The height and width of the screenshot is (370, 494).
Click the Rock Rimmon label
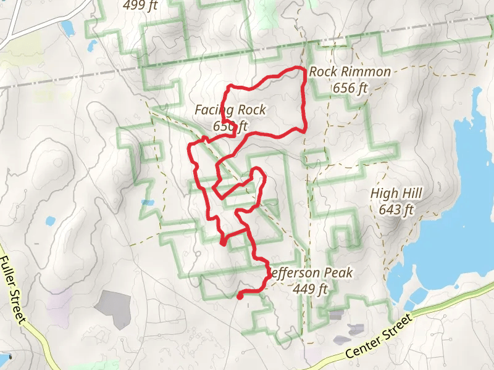[x=350, y=72]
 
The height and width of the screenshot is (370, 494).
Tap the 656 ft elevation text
[x=350, y=88]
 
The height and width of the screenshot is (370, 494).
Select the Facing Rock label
[x=230, y=110]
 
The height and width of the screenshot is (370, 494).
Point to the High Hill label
[x=396, y=194]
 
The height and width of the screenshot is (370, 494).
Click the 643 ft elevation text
[x=396, y=210]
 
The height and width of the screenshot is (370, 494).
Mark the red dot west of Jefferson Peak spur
[x=222, y=243]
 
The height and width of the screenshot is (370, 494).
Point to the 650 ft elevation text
[x=230, y=126]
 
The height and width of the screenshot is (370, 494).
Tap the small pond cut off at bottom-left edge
[x=5, y=358]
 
